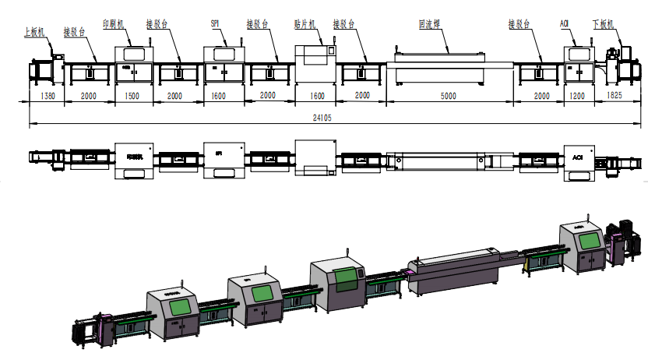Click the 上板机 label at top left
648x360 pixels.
[x=35, y=32]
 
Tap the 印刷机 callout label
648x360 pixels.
[x=114, y=24]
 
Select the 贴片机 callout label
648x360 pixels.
[x=309, y=24]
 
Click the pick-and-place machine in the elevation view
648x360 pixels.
[x=315, y=65]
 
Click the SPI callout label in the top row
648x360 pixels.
[x=215, y=24]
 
